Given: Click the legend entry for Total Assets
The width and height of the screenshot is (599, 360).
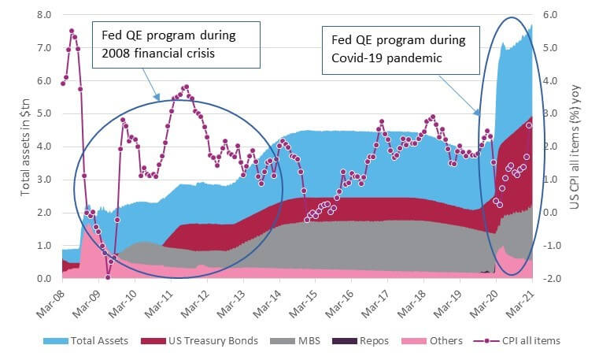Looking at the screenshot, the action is click(x=86, y=341).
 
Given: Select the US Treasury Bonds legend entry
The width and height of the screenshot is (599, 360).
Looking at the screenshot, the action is click(x=199, y=341).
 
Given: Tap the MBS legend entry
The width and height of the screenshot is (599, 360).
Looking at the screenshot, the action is click(x=295, y=341).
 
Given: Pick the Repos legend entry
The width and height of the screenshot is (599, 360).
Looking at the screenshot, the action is click(x=361, y=341).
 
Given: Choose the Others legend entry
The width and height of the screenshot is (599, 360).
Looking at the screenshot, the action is click(x=432, y=341).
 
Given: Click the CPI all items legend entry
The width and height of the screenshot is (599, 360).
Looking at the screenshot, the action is click(x=517, y=341).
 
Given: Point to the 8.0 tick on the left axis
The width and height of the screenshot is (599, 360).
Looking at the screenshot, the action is click(x=44, y=15).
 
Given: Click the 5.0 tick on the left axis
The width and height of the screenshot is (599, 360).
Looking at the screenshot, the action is click(x=44, y=114).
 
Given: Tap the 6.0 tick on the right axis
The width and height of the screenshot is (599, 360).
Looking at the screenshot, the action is click(x=549, y=15).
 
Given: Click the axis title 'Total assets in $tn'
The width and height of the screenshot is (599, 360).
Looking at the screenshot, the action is click(x=25, y=147).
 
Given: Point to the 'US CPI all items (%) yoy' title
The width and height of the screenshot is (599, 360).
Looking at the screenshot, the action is click(x=575, y=147).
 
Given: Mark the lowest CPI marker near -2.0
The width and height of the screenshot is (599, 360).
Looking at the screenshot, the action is click(x=108, y=277).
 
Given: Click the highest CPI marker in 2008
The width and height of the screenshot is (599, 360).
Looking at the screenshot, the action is click(x=72, y=31).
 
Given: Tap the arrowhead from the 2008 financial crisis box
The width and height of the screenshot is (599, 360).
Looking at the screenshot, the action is click(x=157, y=98).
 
